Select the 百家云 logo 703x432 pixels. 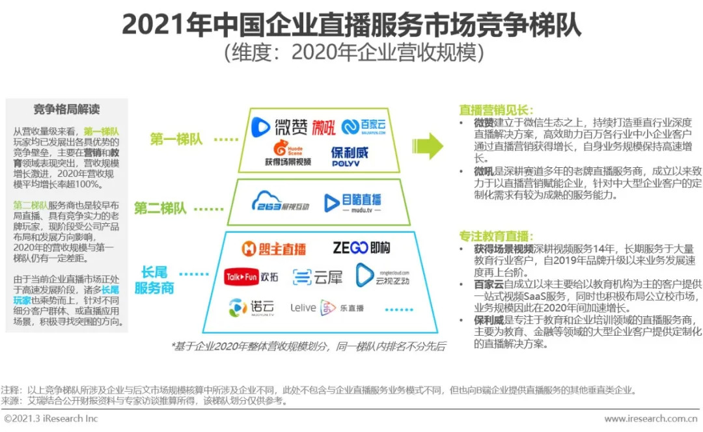pos(365,127)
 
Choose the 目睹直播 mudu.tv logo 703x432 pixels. pos(352,202)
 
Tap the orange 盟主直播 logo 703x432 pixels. pos(273,249)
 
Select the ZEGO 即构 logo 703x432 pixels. pos(361,247)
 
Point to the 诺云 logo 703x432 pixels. pos(251,307)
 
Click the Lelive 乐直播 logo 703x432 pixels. pos(323,308)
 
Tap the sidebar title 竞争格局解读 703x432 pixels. pos(66,109)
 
